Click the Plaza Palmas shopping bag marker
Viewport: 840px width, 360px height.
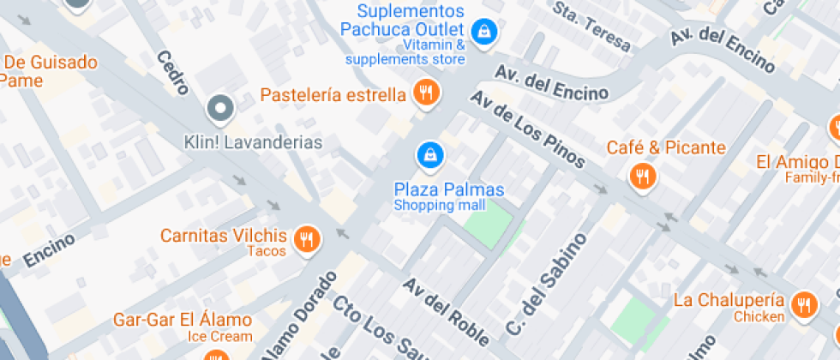point(429,155)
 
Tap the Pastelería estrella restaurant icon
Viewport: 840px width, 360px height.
point(426,92)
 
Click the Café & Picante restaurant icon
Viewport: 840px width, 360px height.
point(641,176)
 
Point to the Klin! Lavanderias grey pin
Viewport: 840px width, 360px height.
point(221,109)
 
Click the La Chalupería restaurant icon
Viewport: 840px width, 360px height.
point(803,305)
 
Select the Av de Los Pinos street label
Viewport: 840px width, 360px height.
point(528,130)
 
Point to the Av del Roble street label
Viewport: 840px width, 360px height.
point(446,311)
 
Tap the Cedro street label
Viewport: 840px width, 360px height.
point(172,74)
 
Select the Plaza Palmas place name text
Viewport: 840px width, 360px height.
point(449,189)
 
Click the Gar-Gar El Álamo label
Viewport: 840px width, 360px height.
point(183,321)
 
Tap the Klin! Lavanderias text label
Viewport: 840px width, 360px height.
point(253,142)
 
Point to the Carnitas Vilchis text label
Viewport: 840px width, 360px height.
point(224,236)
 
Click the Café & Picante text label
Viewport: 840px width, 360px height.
point(666,147)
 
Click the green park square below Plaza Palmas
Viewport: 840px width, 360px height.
point(492,222)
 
